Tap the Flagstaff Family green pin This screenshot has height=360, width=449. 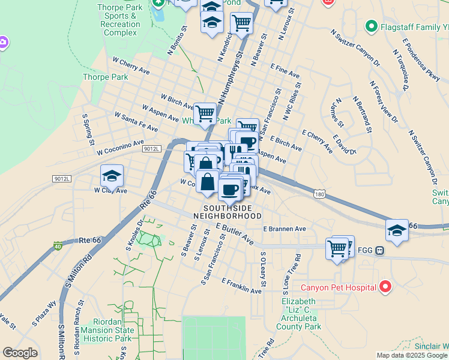(x=371, y=26)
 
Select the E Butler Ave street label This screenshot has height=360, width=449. (x=235, y=233)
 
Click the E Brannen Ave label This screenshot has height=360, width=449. (x=285, y=229)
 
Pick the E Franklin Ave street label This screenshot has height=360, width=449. (x=241, y=286)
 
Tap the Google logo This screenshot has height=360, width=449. (x=20, y=353)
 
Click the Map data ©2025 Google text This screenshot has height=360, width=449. (x=412, y=355)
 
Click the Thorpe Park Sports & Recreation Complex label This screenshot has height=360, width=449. (x=120, y=20)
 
